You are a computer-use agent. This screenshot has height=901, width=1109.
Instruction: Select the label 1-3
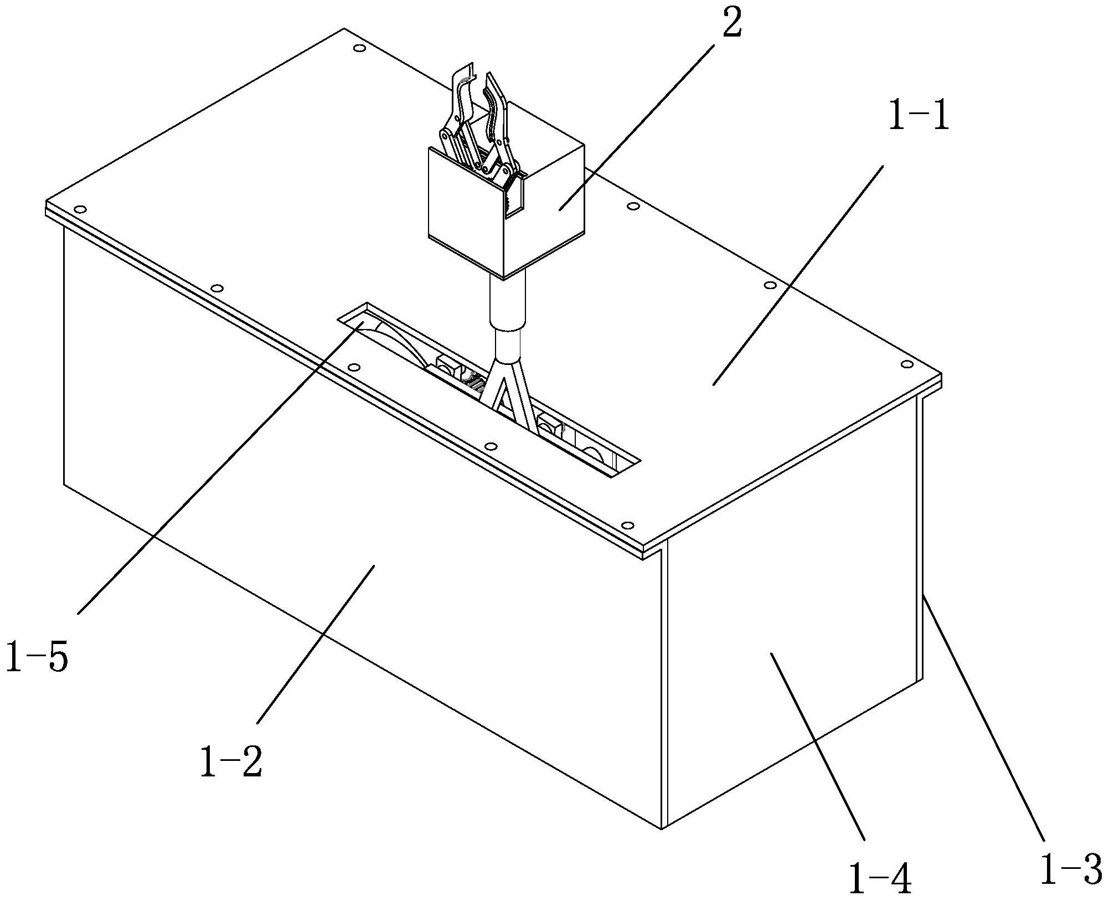point(1071,869)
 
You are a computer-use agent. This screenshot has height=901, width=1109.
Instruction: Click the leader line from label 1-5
point(220,467)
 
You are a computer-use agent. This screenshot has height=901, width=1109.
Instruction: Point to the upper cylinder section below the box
point(507,302)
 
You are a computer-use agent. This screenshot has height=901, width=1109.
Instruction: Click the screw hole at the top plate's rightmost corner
point(907,364)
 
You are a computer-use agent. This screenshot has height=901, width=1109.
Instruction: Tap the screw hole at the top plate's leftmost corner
point(80,209)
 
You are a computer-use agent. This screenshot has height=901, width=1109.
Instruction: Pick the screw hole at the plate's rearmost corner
point(359,49)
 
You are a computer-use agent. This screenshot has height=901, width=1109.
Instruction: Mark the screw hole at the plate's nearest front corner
point(627,525)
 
